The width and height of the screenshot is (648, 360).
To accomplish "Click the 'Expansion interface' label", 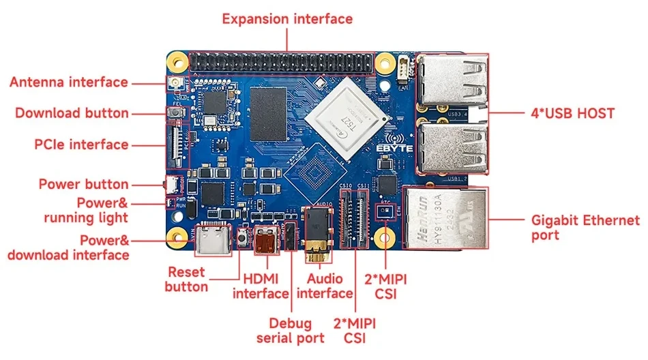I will pyautogui.click(x=287, y=18).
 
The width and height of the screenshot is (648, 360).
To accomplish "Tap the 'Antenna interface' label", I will pyautogui.click(x=68, y=82).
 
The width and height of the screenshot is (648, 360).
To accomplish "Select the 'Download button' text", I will pyautogui.click(x=72, y=112).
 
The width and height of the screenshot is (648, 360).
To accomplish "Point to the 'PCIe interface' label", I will pyautogui.click(x=81, y=144).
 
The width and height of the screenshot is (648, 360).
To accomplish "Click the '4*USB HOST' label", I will pyautogui.click(x=572, y=113).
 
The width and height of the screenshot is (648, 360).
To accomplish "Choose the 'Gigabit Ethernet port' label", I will pyautogui.click(x=585, y=228).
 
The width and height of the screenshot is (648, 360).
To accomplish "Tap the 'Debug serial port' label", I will pyautogui.click(x=290, y=330).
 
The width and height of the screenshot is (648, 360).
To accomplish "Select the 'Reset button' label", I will pyautogui.click(x=186, y=279).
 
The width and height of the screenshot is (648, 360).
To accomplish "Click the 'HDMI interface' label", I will pyautogui.click(x=261, y=286).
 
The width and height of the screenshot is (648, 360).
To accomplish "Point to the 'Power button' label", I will pyautogui.click(x=83, y=184).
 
